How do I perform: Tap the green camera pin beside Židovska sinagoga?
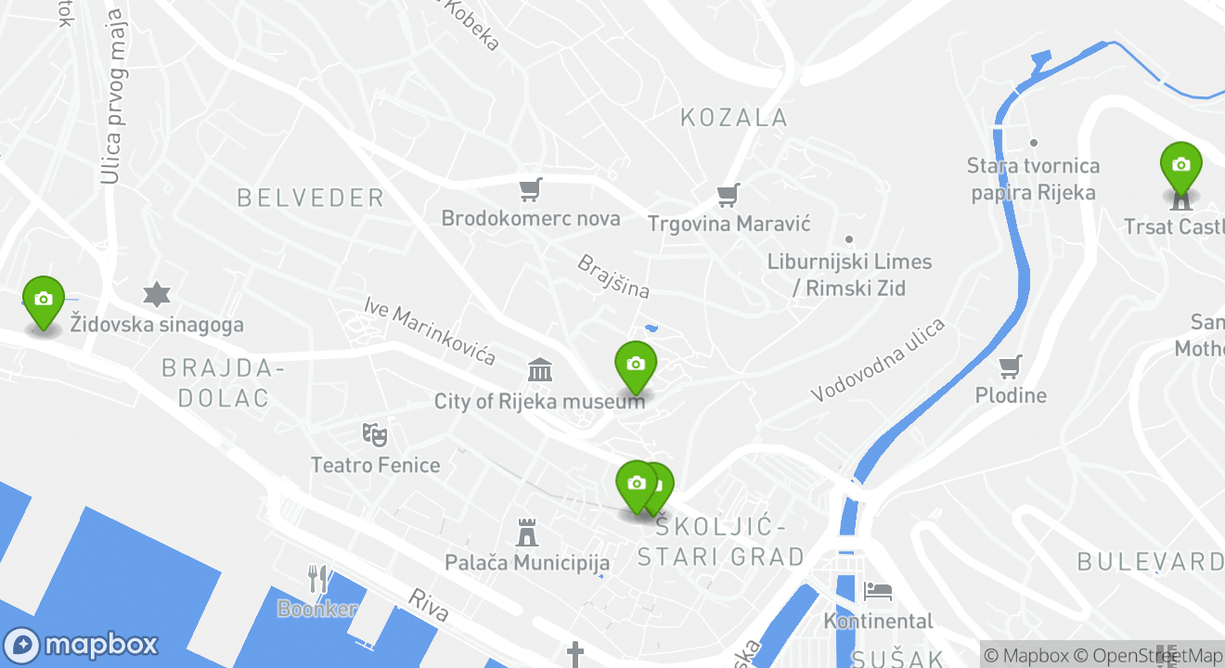(x=43, y=300)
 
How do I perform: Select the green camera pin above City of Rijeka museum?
(x=636, y=365)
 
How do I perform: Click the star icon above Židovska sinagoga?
(x=157, y=295)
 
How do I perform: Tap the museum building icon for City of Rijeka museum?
(x=540, y=370)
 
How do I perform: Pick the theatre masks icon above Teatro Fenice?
(x=374, y=433)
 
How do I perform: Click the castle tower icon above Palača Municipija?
(x=527, y=533)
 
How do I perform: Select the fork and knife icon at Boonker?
(x=318, y=579)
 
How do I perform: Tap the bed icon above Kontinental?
(x=878, y=590)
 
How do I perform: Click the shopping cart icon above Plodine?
(x=1011, y=366)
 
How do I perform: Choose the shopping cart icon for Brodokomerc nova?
(x=530, y=190)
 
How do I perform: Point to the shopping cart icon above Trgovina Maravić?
(x=729, y=195)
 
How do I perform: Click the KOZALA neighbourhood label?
(x=734, y=118)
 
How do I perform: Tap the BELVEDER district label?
(x=310, y=198)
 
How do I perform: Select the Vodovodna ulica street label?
(x=878, y=360)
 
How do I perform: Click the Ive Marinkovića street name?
(x=430, y=331)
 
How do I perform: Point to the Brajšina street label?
(x=613, y=276)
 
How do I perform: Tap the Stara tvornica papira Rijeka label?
(x=1033, y=179)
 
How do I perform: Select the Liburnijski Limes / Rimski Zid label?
(x=849, y=275)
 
